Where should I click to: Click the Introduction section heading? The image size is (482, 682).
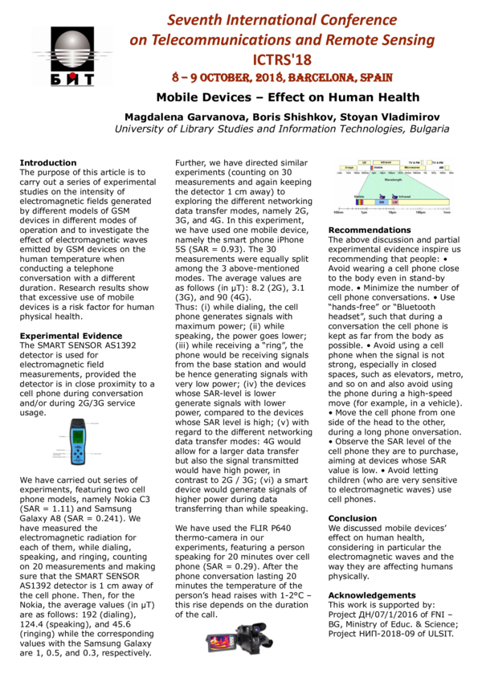48,163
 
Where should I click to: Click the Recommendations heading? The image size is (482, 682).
370,231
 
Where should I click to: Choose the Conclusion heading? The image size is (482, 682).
353,519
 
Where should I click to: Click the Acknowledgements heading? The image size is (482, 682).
371,595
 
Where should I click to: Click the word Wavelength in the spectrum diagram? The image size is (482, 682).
394,181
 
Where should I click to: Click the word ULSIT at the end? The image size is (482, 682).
439,633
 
